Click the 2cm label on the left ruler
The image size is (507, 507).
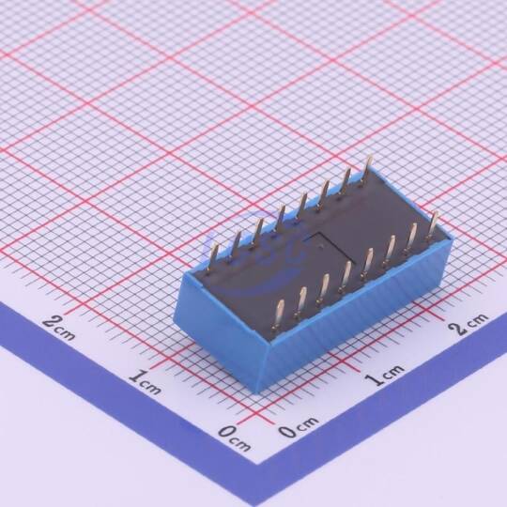(59, 328)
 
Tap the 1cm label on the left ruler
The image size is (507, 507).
(145, 383)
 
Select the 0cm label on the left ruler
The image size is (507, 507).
(234, 439)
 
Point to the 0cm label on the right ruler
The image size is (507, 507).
(299, 427)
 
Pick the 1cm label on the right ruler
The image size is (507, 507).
(386, 374)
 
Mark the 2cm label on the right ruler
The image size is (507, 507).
(469, 323)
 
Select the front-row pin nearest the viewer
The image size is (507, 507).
(279, 315)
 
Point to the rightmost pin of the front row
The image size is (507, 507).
(432, 224)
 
